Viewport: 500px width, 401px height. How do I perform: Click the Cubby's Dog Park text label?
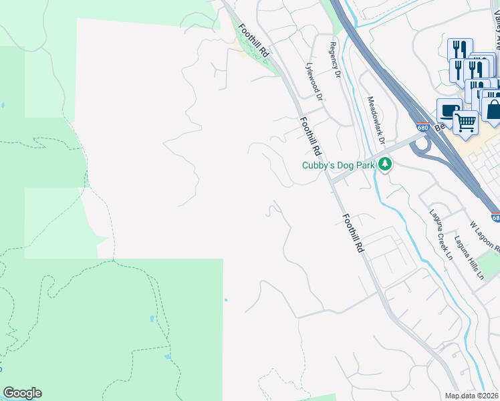pyautogui.click(x=339, y=164)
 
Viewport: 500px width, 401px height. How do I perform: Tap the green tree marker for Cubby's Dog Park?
pyautogui.click(x=384, y=164)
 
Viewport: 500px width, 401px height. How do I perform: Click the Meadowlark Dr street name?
pyautogui.click(x=376, y=120)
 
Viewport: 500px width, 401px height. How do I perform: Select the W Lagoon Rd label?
pyautogui.click(x=485, y=237)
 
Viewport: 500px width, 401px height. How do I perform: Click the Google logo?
pyautogui.click(x=22, y=393)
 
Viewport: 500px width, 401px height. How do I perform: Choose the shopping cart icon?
pyautogui.click(x=465, y=122)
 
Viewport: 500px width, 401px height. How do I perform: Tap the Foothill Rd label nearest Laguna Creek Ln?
pyautogui.click(x=352, y=233)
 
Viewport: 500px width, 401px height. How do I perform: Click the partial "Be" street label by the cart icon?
pyautogui.click(x=439, y=128)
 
